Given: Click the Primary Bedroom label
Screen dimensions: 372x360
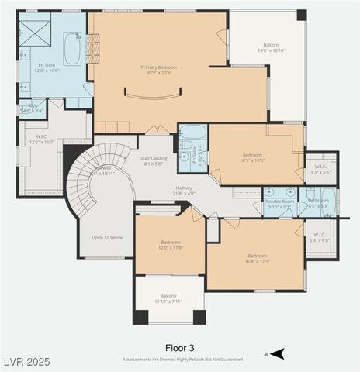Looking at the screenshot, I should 159,67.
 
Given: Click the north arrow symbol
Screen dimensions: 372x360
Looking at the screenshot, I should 276,353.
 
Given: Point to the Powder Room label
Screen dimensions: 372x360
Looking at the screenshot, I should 279,201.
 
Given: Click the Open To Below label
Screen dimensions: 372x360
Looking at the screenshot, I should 107,237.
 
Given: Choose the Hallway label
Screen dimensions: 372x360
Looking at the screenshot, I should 184,188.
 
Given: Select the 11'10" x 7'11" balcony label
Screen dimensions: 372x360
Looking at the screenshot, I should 168,300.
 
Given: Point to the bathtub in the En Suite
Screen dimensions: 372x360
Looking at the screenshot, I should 72,48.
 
